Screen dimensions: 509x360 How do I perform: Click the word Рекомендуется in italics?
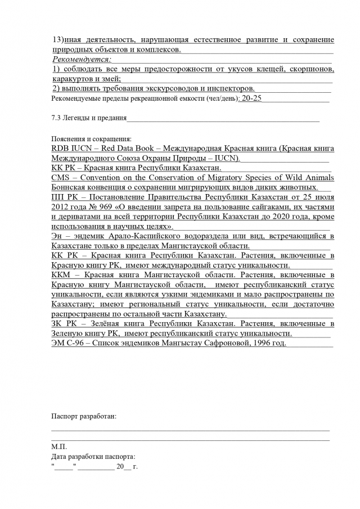(81, 59)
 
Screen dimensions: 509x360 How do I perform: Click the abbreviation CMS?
(61, 178)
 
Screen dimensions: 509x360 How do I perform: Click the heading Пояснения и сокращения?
(91, 138)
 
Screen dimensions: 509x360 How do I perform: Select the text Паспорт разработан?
(84, 416)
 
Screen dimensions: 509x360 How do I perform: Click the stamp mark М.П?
(58, 447)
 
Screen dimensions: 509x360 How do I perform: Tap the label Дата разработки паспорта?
(93, 457)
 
